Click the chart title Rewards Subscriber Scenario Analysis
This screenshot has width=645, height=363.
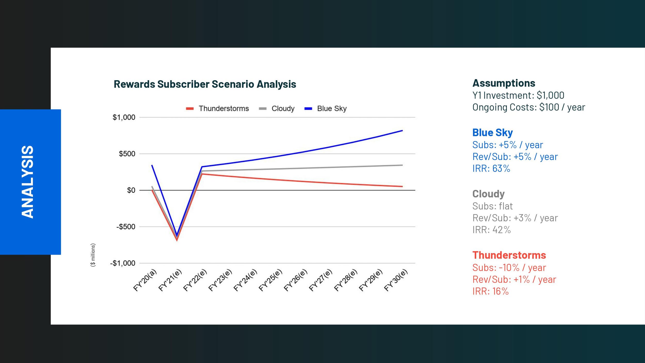205,84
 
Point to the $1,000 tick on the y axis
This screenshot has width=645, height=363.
124,117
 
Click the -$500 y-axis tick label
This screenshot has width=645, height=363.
126,227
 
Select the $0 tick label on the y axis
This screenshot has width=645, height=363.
131,190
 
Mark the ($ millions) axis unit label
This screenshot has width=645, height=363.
93,255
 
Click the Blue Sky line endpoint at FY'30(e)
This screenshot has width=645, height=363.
402,131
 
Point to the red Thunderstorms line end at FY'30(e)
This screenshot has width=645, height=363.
402,186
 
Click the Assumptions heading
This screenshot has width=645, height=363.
504,83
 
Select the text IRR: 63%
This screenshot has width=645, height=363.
491,168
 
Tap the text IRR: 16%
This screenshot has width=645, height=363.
490,291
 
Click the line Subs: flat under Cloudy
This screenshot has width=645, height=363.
492,206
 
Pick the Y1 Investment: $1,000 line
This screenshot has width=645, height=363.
518,95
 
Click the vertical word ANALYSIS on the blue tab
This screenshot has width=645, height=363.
27,182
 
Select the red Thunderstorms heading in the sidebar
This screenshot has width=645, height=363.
509,255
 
